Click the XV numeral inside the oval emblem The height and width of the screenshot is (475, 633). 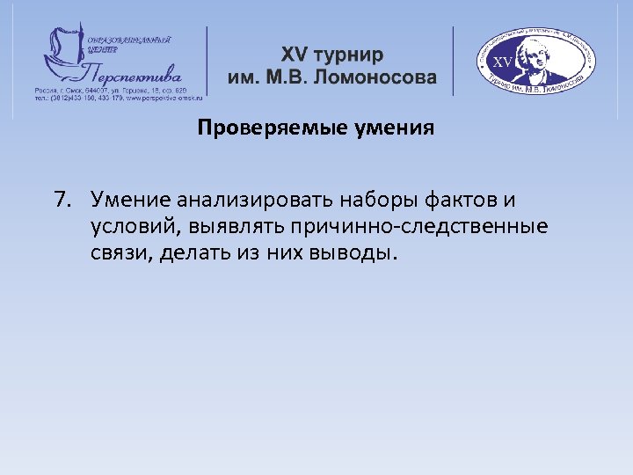502,62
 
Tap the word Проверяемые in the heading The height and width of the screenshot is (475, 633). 255,129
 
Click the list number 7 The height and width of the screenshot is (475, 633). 62,199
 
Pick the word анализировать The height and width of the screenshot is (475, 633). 252,199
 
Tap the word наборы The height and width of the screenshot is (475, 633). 375,199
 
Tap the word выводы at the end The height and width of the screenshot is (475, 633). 354,254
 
